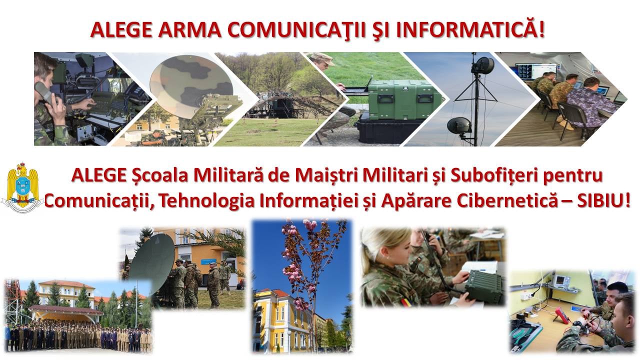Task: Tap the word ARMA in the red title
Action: tap(189, 29)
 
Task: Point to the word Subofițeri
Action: tap(495, 175)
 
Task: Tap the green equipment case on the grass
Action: tap(403, 99)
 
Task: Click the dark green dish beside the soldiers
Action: tap(152, 263)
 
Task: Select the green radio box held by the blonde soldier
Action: tap(484, 287)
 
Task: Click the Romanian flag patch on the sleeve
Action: tap(407, 301)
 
